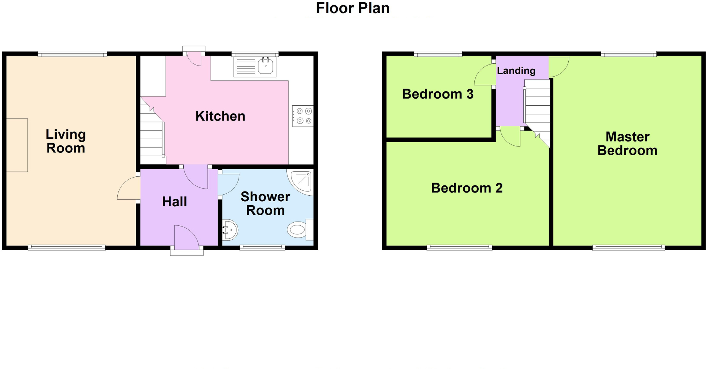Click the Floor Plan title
pyautogui.click(x=353, y=8)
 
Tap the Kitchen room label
pyautogui.click(x=220, y=116)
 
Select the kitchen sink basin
pyautogui.click(x=266, y=66)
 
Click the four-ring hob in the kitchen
pyautogui.click(x=303, y=116)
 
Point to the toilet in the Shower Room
pyautogui.click(x=297, y=230)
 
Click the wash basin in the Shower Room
pyautogui.click(x=230, y=230)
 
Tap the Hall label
pyautogui.click(x=174, y=202)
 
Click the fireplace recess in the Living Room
pyautogui.click(x=17, y=145)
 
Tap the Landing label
pyautogui.click(x=516, y=71)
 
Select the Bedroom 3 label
pyautogui.click(x=437, y=94)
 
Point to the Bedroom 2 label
pyautogui.click(x=467, y=188)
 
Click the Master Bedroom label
pyautogui.click(x=627, y=144)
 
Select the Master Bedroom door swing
pyautogui.click(x=558, y=66)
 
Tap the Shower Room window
pyautogui.click(x=262, y=248)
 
